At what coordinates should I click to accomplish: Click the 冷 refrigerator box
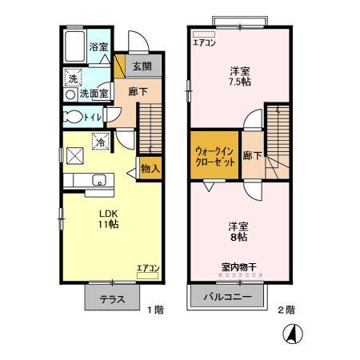(101, 142)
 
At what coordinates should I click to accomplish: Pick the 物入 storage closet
(150, 168)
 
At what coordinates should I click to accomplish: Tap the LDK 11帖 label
(109, 219)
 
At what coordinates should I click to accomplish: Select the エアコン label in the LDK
(147, 268)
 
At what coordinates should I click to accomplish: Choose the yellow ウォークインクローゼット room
(214, 155)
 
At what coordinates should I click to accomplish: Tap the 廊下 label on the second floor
(252, 155)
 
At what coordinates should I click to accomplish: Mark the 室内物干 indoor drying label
(238, 268)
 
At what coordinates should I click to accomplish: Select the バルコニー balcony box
(226, 298)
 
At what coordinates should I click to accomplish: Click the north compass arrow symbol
(294, 333)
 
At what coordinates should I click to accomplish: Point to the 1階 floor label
(154, 309)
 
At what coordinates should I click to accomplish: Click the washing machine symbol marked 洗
(73, 79)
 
